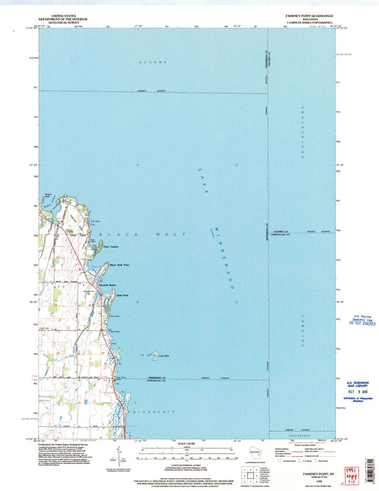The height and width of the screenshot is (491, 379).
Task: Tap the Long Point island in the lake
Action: tap(151, 352)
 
